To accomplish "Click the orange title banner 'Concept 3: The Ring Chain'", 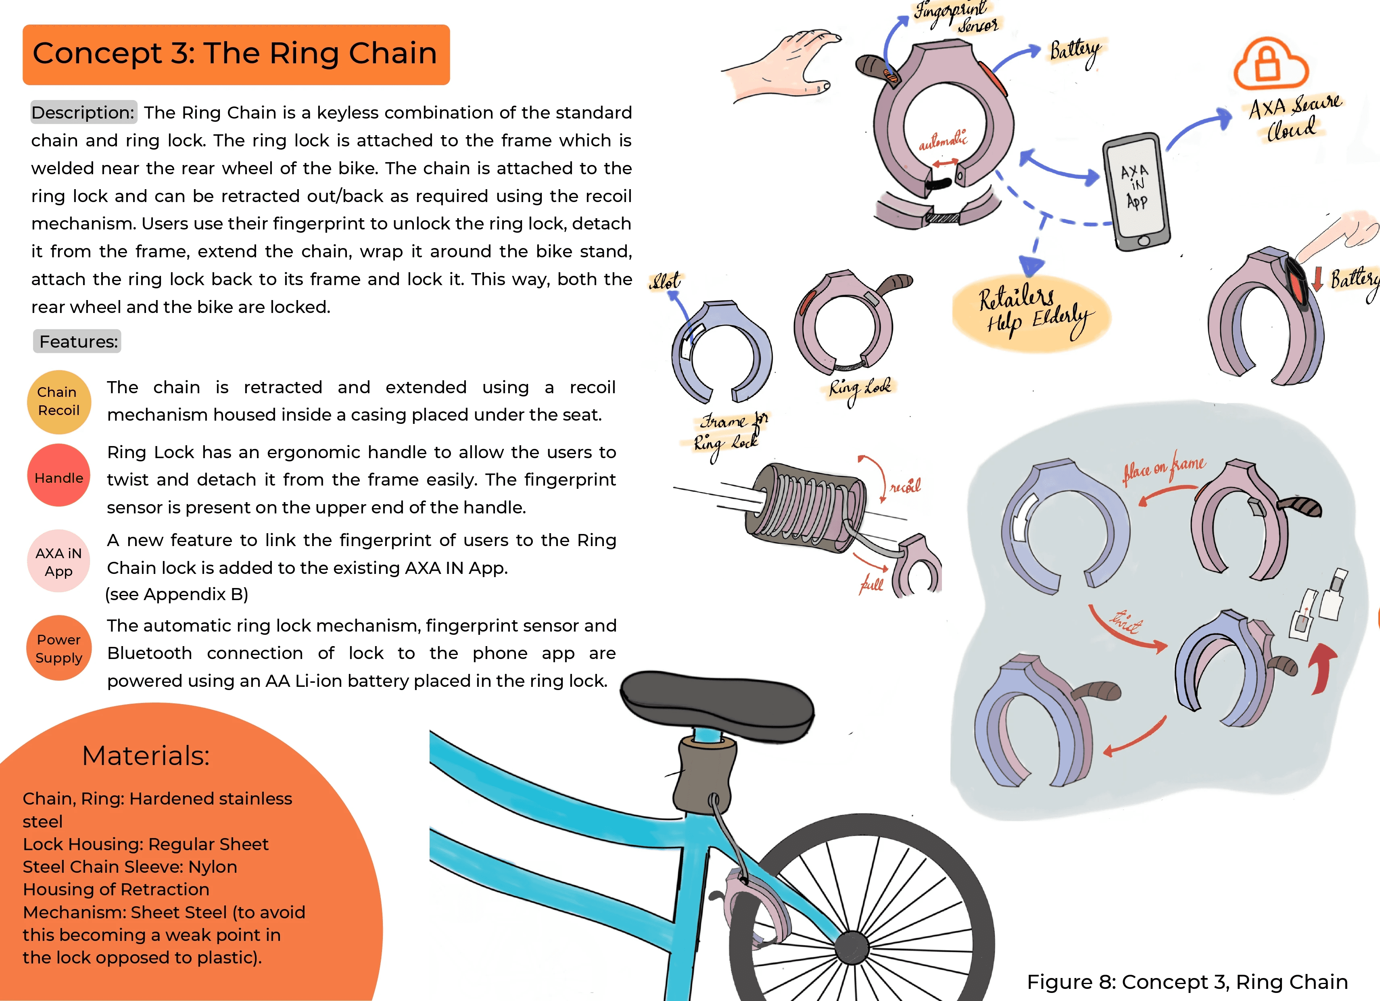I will pyautogui.click(x=236, y=54).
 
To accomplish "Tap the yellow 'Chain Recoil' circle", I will pyautogui.click(x=58, y=402).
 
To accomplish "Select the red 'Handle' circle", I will pyautogui.click(x=58, y=476).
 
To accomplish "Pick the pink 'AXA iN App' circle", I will pyautogui.click(x=58, y=561).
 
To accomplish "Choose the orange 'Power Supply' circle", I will pyautogui.click(x=58, y=648).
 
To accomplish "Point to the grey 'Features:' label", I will pyautogui.click(x=77, y=341).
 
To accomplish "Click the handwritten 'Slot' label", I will pyautogui.click(x=666, y=281).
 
